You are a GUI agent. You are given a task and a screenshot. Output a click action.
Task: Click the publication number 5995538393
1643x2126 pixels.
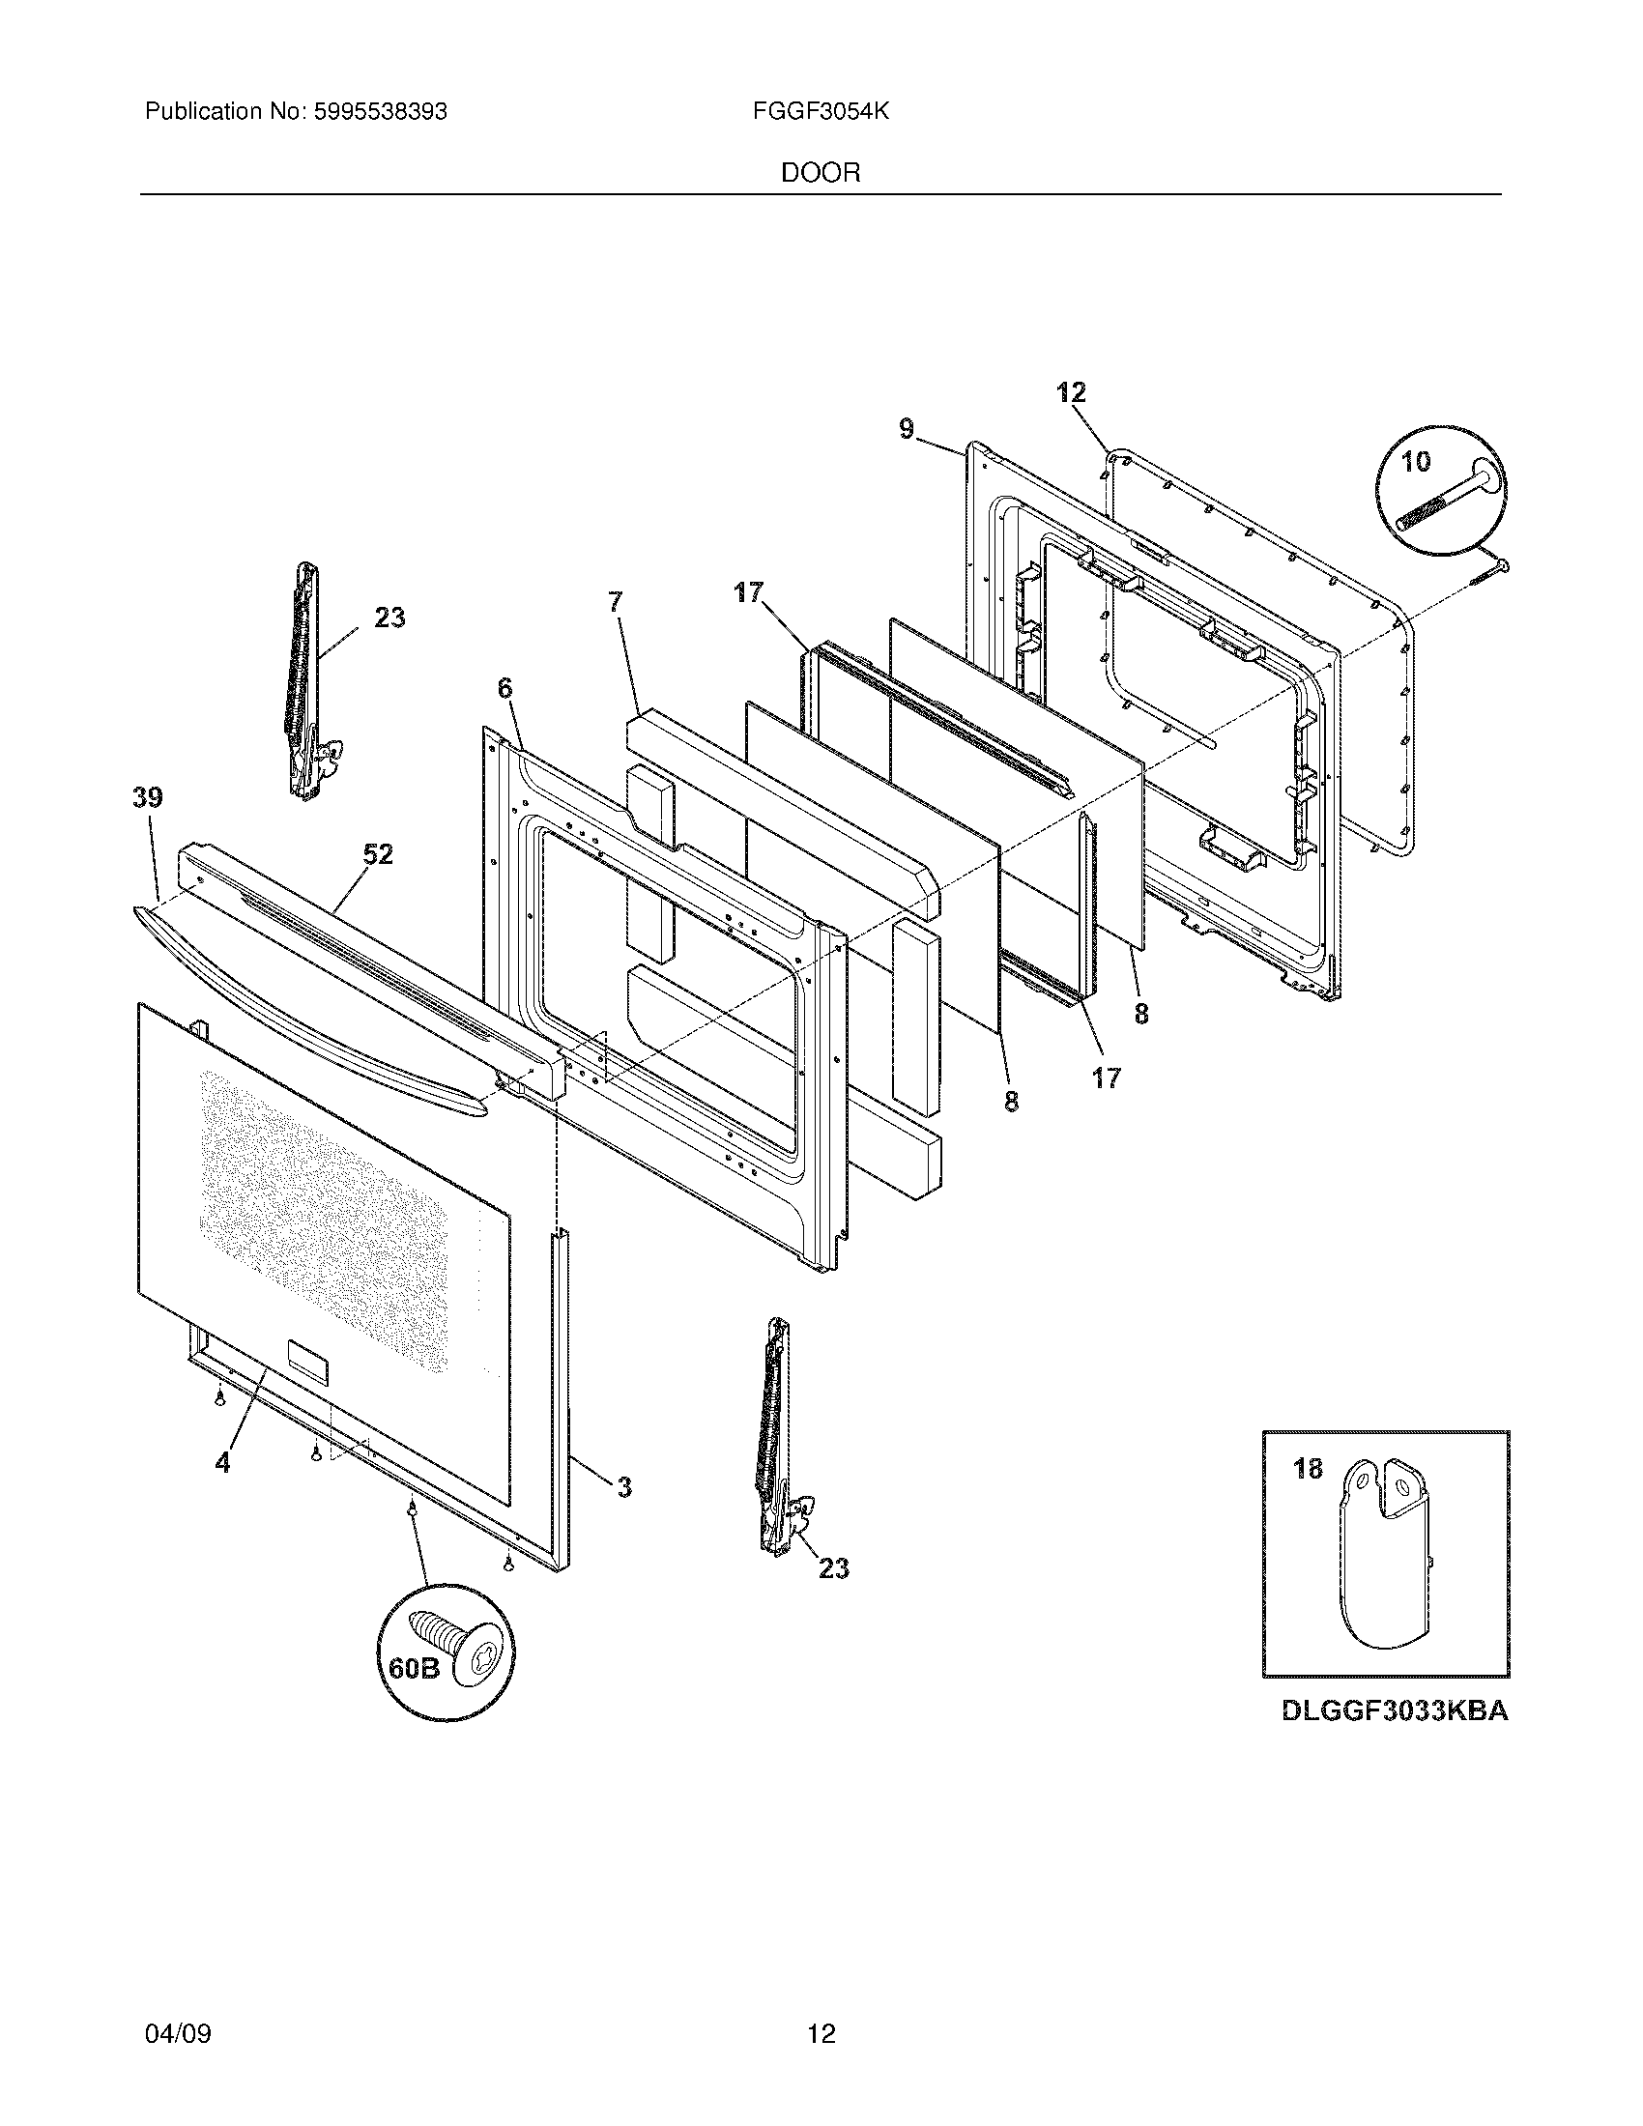coord(380,112)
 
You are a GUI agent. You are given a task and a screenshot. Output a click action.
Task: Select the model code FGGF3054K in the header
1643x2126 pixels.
coord(821,112)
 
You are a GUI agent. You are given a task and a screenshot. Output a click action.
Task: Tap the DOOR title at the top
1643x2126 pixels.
coord(821,173)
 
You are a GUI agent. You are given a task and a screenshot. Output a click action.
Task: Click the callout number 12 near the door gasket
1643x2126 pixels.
coord(1071,393)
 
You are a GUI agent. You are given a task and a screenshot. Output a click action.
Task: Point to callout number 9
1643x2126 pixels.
coord(908,428)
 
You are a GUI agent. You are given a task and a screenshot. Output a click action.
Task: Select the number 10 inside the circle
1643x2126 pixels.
coord(1416,461)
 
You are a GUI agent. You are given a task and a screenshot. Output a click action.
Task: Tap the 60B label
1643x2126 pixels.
coord(414,1669)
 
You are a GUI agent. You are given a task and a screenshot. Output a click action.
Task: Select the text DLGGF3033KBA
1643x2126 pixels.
coord(1395,1738)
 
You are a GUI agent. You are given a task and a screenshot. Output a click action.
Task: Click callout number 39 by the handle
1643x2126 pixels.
coord(148,798)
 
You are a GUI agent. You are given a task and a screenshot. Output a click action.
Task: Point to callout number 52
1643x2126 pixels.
coord(379,854)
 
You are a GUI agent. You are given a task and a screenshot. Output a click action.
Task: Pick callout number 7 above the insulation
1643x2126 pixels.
coord(615,602)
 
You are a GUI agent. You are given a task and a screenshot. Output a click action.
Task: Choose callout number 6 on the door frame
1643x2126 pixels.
coord(504,688)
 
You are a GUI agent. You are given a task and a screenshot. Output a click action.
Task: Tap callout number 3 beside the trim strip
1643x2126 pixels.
coord(624,1487)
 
